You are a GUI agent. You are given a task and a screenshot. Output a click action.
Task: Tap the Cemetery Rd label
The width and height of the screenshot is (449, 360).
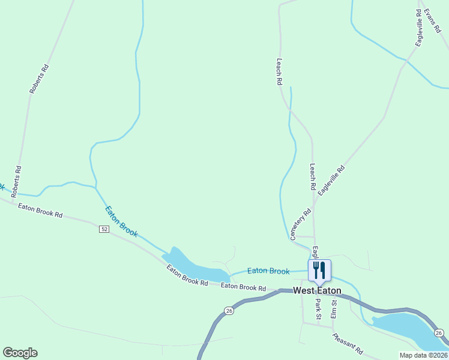[301, 224]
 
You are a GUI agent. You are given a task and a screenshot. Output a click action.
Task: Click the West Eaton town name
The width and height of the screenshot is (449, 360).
[317, 291]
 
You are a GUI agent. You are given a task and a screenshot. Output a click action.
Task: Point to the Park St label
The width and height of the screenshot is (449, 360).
[319, 308]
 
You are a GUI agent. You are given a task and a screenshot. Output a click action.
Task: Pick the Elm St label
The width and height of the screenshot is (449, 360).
[334, 308]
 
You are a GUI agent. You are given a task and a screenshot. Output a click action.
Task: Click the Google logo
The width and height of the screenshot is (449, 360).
[20, 353]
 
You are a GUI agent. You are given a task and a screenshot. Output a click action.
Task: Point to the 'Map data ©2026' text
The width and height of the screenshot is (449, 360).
[423, 355]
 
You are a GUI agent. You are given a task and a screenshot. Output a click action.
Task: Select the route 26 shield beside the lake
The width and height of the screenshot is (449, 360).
[439, 332]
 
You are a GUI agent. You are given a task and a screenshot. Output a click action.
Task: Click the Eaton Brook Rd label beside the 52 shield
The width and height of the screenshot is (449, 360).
[40, 211]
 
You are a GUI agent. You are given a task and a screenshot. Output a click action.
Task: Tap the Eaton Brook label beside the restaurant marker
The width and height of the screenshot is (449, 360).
[268, 271]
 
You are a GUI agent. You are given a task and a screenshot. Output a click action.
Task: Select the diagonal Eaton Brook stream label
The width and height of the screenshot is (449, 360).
[121, 222]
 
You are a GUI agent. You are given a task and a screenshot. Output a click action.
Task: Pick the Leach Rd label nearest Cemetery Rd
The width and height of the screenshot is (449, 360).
[312, 177]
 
